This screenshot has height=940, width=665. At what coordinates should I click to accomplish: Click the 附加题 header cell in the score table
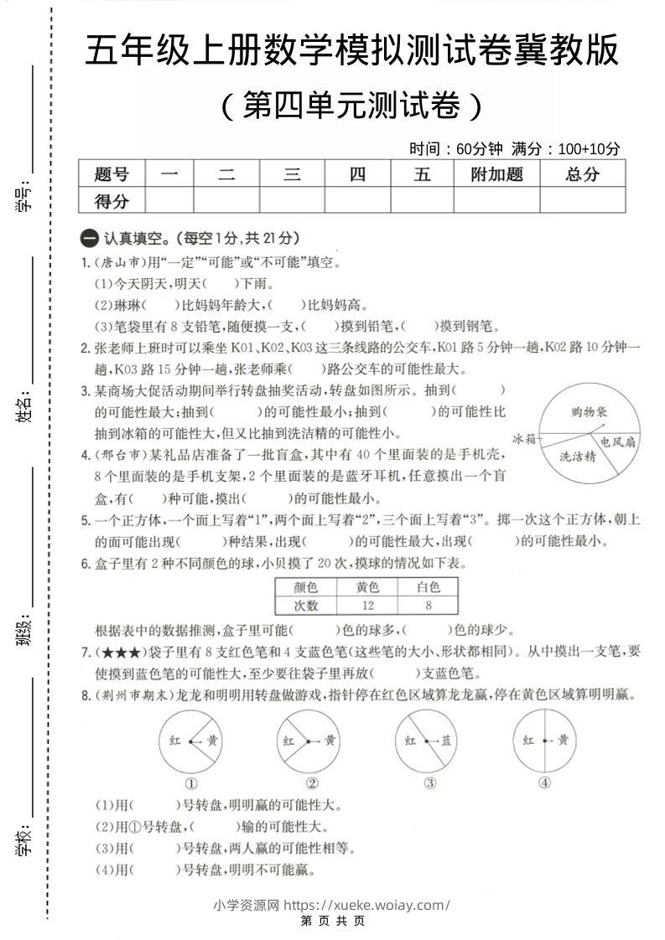click(x=496, y=174)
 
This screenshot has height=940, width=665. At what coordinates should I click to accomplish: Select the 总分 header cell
click(x=582, y=174)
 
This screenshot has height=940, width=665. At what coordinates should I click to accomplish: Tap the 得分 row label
click(x=112, y=200)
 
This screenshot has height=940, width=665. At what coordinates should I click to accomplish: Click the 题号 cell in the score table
click(x=112, y=174)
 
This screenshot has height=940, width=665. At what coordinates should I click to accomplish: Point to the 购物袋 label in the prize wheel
click(x=589, y=411)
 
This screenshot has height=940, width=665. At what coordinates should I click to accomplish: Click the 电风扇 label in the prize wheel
click(x=616, y=441)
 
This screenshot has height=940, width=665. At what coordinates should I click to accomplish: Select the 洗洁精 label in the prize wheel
click(x=578, y=457)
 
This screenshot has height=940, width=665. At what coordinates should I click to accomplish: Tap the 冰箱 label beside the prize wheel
click(x=524, y=438)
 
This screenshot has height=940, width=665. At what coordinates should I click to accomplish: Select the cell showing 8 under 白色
click(x=428, y=606)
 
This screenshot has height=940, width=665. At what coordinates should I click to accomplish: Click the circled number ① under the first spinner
click(x=190, y=783)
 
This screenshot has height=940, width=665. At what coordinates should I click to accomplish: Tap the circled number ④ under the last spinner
click(x=544, y=783)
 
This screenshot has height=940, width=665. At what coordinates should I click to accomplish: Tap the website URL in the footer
click(x=367, y=905)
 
